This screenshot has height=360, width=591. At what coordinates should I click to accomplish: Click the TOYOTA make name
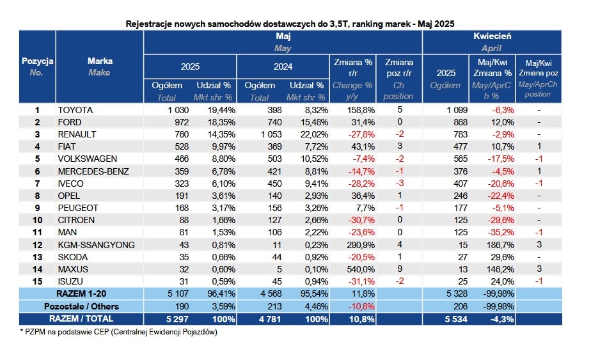(75, 110)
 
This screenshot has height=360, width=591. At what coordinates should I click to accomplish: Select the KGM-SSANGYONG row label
(96, 245)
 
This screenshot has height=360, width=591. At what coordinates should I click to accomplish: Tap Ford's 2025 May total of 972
(182, 122)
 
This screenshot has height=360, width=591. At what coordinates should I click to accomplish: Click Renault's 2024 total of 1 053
(271, 134)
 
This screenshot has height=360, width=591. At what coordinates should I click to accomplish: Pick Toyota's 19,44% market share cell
(221, 110)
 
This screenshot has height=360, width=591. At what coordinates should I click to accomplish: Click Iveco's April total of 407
(461, 184)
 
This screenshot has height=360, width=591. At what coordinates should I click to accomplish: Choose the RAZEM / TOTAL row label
(81, 318)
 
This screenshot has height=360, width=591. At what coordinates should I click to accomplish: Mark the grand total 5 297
(177, 319)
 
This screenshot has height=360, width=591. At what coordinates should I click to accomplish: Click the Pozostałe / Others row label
(81, 306)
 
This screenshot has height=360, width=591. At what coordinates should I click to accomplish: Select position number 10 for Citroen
(37, 220)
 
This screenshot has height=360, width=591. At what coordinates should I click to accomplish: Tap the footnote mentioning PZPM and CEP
(119, 332)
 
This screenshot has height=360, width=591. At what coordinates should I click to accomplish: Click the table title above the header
(290, 24)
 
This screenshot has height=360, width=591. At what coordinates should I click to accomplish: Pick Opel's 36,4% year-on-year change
(363, 196)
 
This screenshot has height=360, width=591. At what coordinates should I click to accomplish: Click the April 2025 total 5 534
(456, 319)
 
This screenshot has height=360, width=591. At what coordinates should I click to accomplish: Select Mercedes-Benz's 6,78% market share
(223, 171)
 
